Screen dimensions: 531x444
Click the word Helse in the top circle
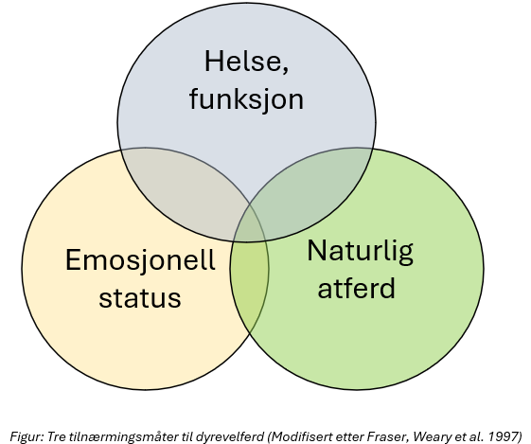[x=242, y=61]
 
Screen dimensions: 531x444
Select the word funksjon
[x=246, y=99]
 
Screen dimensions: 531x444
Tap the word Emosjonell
[x=140, y=260]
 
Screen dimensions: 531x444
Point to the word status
[x=140, y=297]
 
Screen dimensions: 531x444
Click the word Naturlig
[x=360, y=252]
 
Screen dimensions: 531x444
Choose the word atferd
[x=356, y=288]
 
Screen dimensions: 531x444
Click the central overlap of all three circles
[x=250, y=222]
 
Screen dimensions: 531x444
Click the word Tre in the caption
[x=54, y=435]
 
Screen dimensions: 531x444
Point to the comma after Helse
[x=285, y=70]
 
